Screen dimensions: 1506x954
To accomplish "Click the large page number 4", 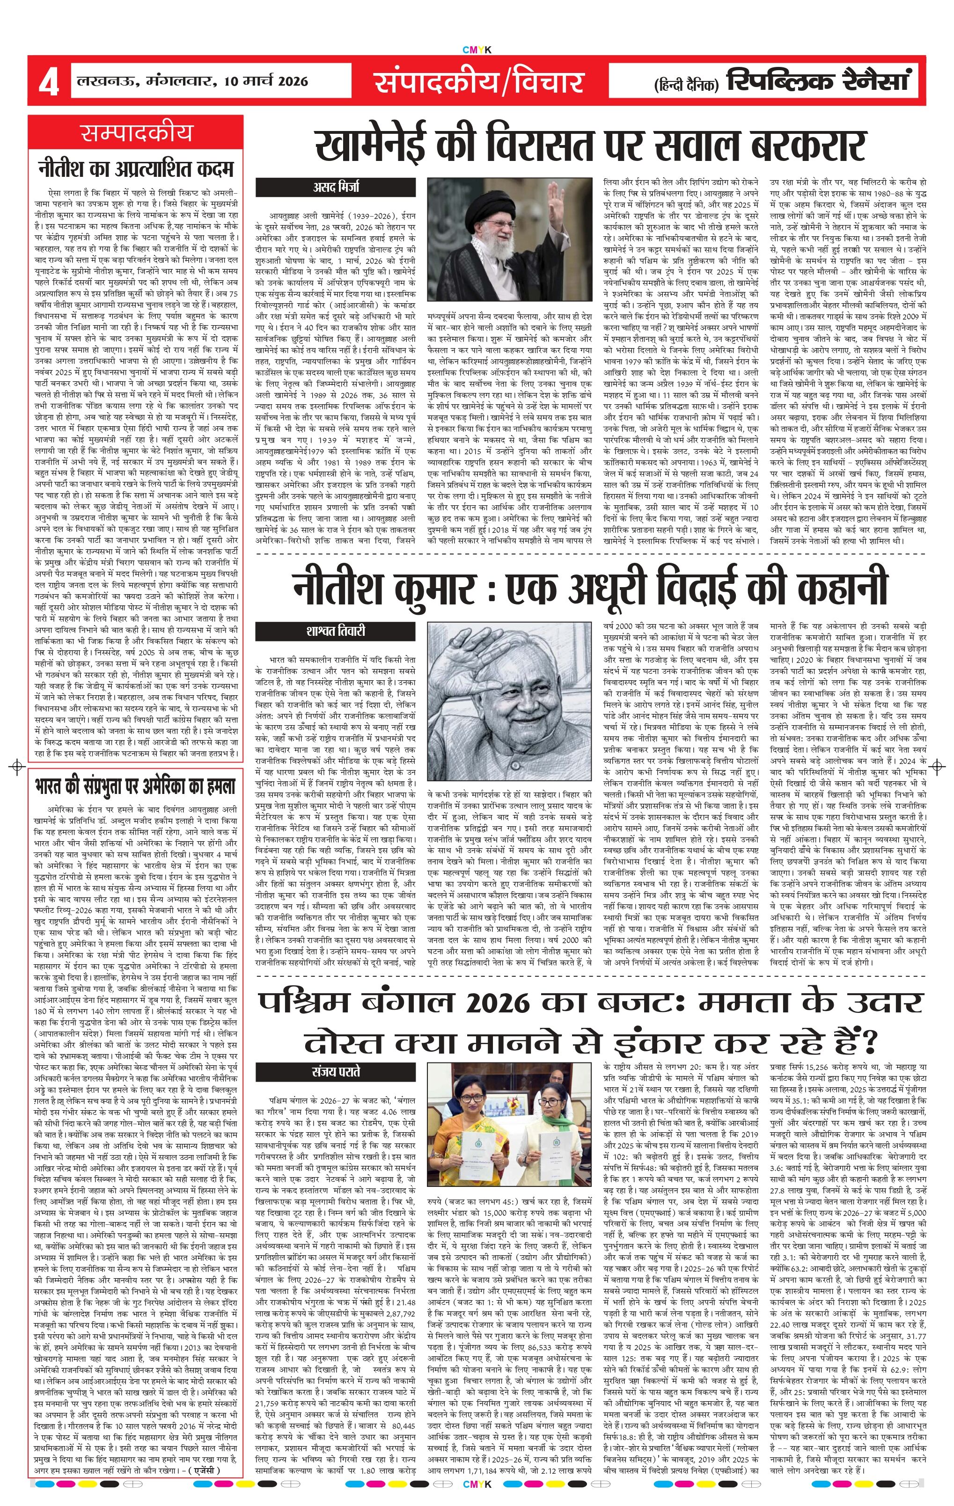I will (48, 82).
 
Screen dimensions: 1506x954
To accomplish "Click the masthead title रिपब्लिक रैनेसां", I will (816, 80).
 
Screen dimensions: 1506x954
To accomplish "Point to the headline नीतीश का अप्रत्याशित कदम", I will (136, 168).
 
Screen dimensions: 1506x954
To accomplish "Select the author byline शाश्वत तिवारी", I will (335, 631).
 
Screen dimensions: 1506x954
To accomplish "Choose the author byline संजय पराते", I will (335, 1072).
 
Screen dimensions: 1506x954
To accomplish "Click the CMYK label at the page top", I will (477, 50).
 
